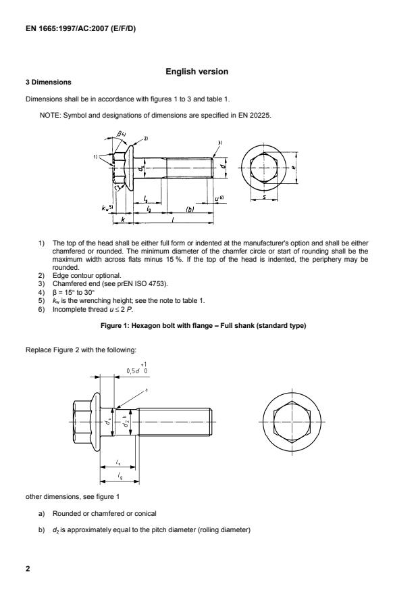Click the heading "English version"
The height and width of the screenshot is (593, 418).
[x=197, y=72]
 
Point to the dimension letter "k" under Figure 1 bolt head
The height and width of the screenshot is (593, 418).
[x=122, y=220]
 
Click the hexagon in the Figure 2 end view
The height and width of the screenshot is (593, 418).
[x=291, y=423]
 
